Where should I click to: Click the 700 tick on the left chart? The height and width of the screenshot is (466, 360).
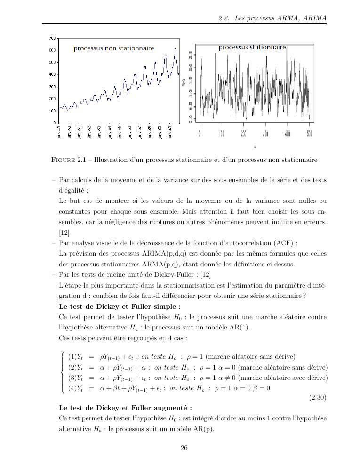click(52, 38)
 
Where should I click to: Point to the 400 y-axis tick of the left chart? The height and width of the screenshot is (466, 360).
click(52, 74)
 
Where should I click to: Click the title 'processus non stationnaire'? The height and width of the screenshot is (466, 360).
click(113, 48)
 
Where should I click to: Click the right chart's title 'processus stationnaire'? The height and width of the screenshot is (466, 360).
click(252, 48)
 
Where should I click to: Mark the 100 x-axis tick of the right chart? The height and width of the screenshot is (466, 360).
click(222, 134)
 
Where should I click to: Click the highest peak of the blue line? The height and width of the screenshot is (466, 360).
click(175, 48)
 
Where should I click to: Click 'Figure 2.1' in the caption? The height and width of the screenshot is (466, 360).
click(71, 160)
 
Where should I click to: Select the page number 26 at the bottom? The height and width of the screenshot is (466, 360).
click(184, 448)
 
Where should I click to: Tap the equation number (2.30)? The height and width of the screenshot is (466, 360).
click(318, 398)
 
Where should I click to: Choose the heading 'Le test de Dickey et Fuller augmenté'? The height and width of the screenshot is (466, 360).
click(125, 408)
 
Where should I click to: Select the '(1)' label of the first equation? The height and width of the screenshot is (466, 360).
click(72, 357)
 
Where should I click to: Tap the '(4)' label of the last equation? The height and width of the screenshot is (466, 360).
click(72, 388)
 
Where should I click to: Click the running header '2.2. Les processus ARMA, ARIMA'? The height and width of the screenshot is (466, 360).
click(272, 18)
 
